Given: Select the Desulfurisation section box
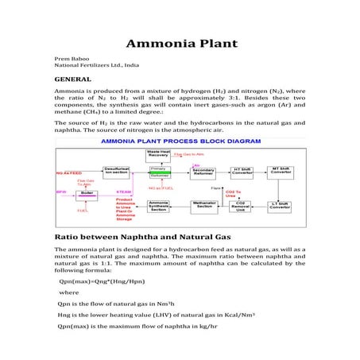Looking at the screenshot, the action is pos(117,171).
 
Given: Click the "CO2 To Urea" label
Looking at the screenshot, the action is pos(232,192).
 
